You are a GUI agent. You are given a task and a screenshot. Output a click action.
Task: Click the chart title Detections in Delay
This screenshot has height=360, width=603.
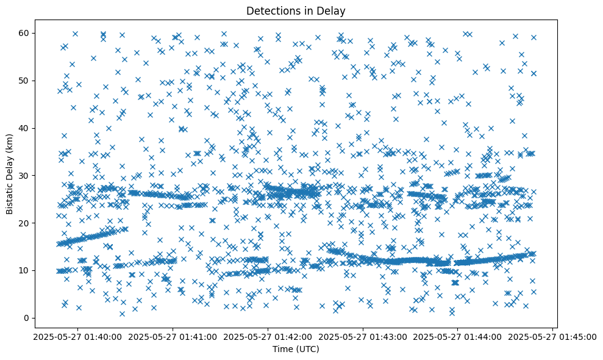[296, 10]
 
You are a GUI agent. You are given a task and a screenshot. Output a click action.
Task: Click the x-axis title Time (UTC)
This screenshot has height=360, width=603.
[296, 349]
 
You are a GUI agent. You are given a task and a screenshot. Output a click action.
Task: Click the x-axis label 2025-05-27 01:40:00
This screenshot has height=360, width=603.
[77, 336]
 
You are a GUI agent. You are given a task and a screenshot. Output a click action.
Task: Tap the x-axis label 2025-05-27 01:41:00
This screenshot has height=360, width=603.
[173, 336]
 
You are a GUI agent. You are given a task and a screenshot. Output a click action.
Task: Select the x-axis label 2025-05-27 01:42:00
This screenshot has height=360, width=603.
[268, 336]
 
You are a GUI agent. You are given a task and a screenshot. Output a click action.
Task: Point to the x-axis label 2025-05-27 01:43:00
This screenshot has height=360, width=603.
[363, 336]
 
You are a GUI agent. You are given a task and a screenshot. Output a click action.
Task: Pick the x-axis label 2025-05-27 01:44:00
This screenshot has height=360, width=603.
[458, 336]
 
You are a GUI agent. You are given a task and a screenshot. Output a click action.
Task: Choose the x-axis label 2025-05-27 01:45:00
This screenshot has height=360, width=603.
[553, 336]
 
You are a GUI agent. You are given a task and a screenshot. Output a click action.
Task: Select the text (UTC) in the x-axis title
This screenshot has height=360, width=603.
[307, 349]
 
